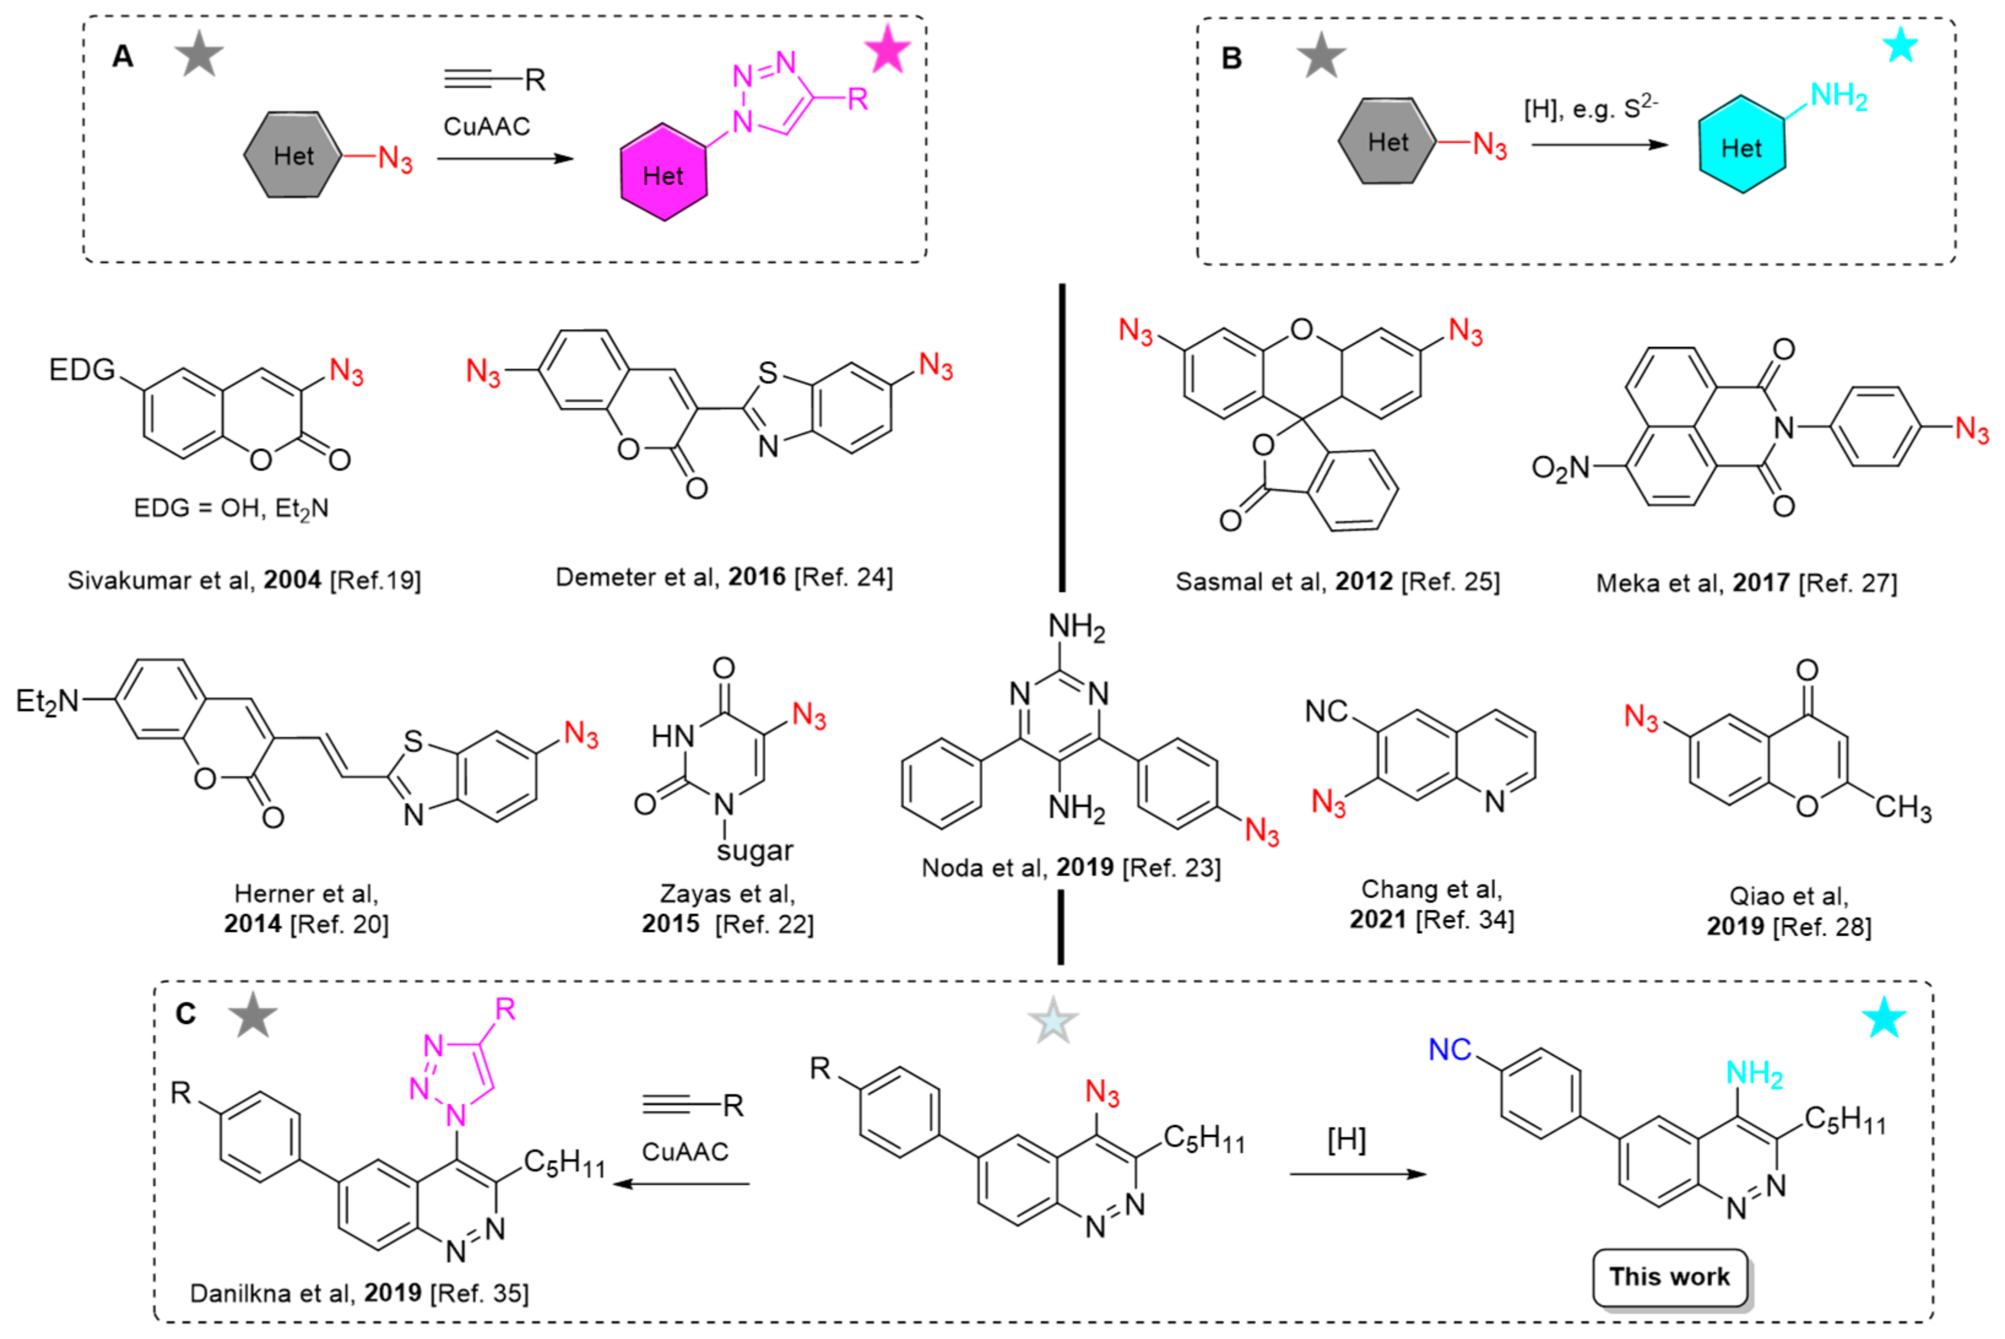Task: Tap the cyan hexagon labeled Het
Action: click(x=1741, y=145)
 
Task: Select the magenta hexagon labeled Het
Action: click(x=663, y=174)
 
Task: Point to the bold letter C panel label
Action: click(x=185, y=1013)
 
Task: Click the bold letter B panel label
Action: click(x=1231, y=58)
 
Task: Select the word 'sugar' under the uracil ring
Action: click(x=754, y=850)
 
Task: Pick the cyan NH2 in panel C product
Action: click(x=1754, y=1074)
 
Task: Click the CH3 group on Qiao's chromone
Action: click(x=1903, y=807)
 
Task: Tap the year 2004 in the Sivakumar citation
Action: click(x=292, y=580)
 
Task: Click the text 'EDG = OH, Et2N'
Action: click(x=231, y=508)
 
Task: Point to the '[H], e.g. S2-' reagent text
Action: click(x=1590, y=109)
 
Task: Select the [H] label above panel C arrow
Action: click(x=1346, y=1139)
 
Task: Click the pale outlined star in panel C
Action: click(x=1053, y=1020)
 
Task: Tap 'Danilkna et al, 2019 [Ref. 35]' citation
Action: click(x=359, y=1293)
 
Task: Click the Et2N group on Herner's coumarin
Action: click(x=47, y=702)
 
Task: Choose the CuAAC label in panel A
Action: click(x=486, y=126)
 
